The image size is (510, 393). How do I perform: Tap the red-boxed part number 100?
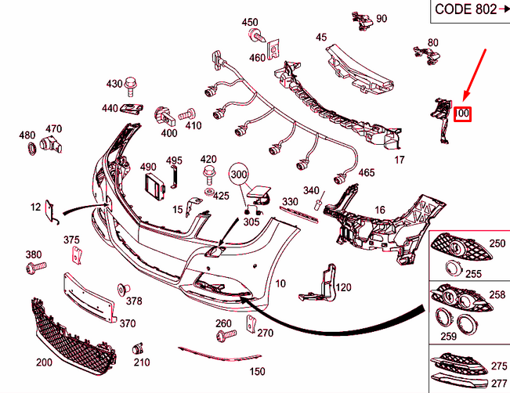tap(463, 114)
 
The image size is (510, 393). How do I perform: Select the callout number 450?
tap(249, 22)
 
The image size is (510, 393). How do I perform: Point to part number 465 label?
tap(366, 172)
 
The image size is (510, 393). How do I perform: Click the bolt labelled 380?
tap(34, 269)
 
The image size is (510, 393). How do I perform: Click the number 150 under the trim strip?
tap(257, 371)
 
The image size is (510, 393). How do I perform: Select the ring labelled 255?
tap(452, 269)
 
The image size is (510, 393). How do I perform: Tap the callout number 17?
tap(399, 160)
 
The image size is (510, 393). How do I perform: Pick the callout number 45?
tap(321, 38)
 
